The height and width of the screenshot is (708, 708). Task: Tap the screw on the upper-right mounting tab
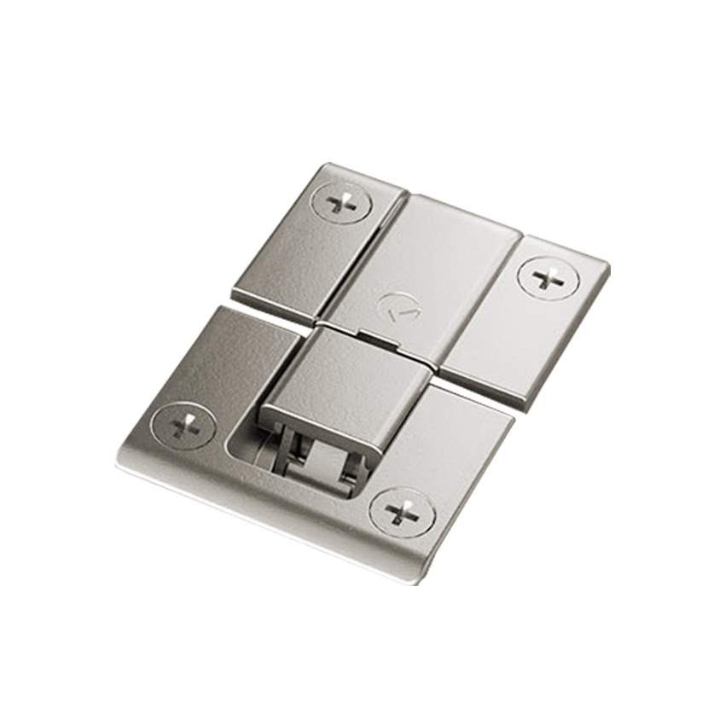click(x=547, y=278)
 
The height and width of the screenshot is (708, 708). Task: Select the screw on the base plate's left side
click(x=182, y=425)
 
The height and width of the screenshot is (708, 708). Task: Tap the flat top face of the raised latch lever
click(x=345, y=375)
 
